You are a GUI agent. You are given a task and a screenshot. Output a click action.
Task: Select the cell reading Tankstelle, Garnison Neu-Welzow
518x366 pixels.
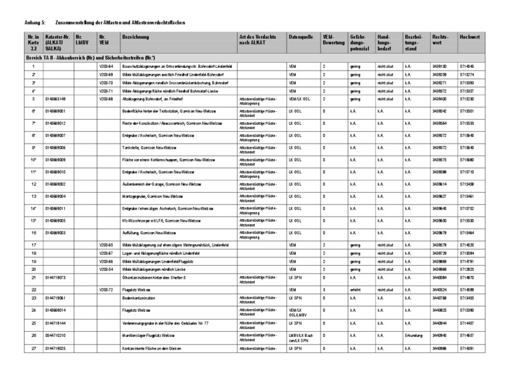click(x=155, y=148)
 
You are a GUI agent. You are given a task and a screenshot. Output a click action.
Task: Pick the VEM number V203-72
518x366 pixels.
click(x=106, y=289)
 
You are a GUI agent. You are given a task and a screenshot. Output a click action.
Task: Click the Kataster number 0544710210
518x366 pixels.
click(x=57, y=336)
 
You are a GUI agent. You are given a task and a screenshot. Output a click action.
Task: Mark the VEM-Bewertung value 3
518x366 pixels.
click(x=323, y=289)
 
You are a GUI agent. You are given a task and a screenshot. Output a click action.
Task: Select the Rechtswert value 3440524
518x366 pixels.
click(x=440, y=289)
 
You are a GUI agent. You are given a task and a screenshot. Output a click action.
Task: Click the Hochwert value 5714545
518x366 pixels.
click(x=467, y=67)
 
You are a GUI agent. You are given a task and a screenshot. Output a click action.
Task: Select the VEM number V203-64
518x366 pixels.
click(x=106, y=67)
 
